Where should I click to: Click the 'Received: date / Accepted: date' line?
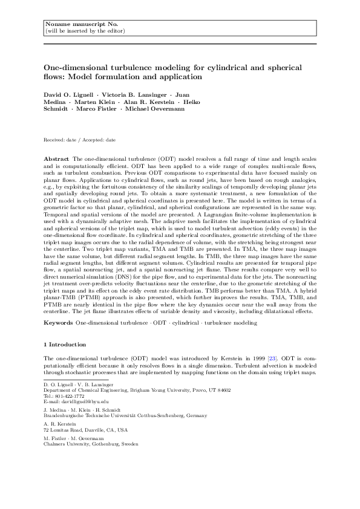(79, 140)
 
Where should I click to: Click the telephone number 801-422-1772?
(73, 396)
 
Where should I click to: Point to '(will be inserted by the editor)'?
(85, 30)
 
